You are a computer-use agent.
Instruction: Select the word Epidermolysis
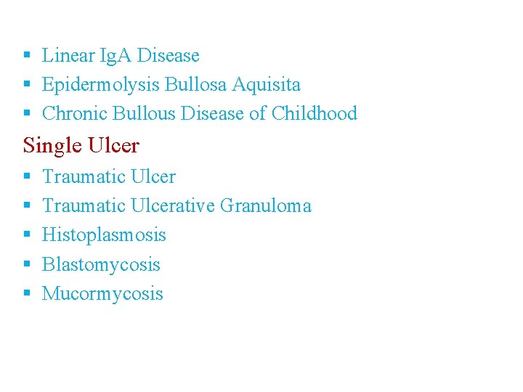101,85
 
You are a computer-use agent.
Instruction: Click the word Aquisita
266,85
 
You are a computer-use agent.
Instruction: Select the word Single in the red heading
52,146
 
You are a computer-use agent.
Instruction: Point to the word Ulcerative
173,206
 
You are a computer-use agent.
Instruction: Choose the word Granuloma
265,206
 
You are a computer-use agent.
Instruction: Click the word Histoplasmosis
104,235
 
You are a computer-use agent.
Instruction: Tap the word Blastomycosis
101,265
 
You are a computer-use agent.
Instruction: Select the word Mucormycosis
102,294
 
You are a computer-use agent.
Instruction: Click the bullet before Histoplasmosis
26,235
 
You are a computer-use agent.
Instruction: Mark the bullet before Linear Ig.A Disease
26,55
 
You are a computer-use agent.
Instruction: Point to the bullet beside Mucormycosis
26,294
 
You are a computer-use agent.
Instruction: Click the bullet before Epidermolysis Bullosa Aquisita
26,85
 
